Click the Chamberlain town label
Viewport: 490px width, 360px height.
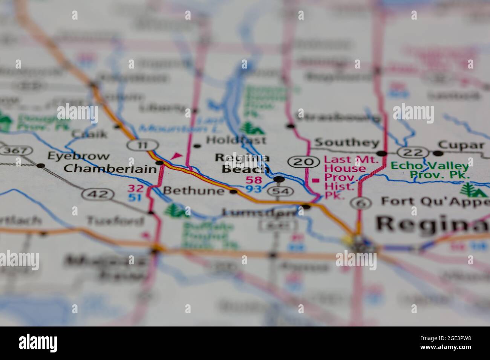click(110, 169)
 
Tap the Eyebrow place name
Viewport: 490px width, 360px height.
click(78, 156)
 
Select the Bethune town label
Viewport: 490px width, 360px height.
click(193, 191)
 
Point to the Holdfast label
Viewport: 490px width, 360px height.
click(236, 140)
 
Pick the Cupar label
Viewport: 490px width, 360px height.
click(461, 145)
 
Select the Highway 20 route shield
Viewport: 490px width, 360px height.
click(302, 162)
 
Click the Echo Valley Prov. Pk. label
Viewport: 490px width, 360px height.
click(430, 170)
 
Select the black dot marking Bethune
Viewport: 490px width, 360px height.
click(234, 192)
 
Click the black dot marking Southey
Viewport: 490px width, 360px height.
click(382, 153)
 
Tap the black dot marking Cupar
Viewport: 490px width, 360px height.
click(438, 153)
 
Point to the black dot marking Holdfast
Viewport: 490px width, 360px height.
click(197, 145)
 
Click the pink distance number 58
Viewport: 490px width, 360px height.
click(253, 180)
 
